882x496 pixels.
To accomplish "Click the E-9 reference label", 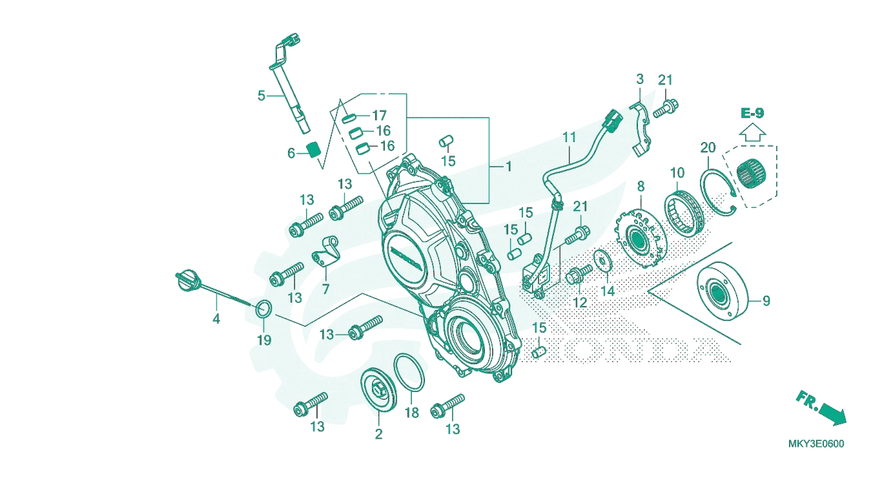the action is tap(752, 114).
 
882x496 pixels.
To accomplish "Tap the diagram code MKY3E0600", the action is tap(816, 444).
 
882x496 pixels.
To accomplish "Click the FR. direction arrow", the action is tap(821, 408).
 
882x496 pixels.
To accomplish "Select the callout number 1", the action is tap(508, 167).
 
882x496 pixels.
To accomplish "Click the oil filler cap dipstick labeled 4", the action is tap(205, 287).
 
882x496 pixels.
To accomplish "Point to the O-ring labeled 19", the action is tap(263, 309).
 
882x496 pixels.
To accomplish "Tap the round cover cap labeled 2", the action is tap(378, 391).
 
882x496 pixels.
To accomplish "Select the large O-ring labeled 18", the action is tap(409, 372).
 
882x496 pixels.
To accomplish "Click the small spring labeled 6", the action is tap(314, 150).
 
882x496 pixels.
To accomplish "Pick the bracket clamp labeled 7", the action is tap(325, 252).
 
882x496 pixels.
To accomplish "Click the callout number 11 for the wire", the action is tap(569, 138).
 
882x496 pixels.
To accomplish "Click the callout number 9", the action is tap(766, 302).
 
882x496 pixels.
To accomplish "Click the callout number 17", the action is tap(380, 116).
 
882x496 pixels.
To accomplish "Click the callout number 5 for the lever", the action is tap(262, 96).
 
